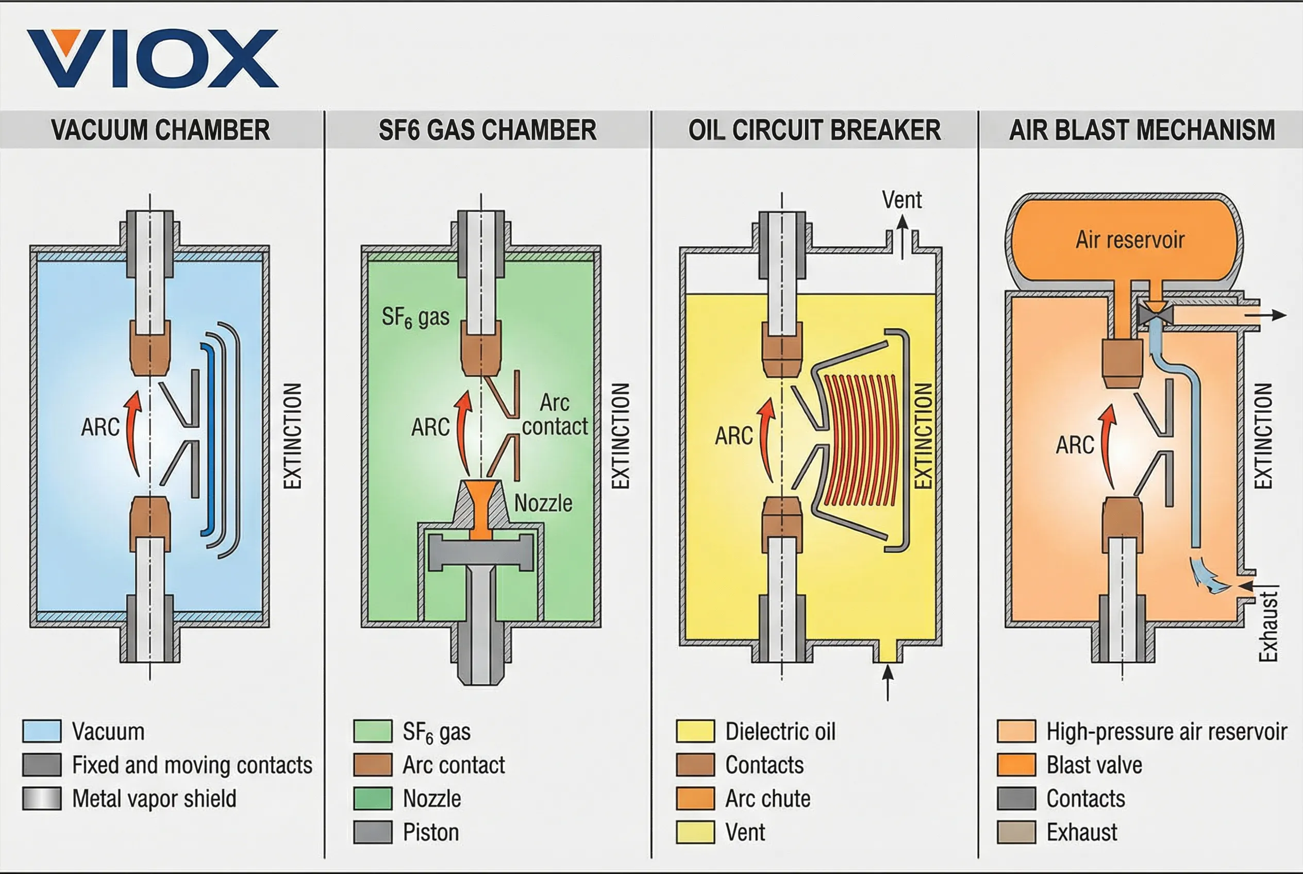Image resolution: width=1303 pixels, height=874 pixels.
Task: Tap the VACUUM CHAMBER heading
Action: pyautogui.click(x=161, y=130)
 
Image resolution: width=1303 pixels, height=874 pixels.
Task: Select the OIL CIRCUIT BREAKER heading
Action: pyautogui.click(x=814, y=130)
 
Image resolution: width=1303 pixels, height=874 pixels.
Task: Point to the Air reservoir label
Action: pyautogui.click(x=1130, y=240)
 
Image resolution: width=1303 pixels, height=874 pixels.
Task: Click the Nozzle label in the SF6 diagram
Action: pyautogui.click(x=543, y=503)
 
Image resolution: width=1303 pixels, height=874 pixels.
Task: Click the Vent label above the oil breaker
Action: pyautogui.click(x=901, y=200)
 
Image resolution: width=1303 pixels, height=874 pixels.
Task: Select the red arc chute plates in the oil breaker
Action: pyautogui.click(x=860, y=440)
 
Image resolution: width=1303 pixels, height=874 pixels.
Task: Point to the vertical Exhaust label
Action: pyautogui.click(x=1268, y=627)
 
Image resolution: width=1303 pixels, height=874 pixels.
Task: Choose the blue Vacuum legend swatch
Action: pyautogui.click(x=42, y=731)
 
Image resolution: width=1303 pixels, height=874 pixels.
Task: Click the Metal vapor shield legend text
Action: pyautogui.click(x=155, y=799)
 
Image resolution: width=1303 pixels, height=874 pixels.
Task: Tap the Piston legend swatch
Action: pyautogui.click(x=373, y=832)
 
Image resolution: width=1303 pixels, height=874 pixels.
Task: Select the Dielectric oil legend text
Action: pyautogui.click(x=780, y=731)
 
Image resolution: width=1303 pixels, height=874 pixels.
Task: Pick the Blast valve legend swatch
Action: pyautogui.click(x=1016, y=765)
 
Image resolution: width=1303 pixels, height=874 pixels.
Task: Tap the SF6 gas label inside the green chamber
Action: pyautogui.click(x=415, y=317)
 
